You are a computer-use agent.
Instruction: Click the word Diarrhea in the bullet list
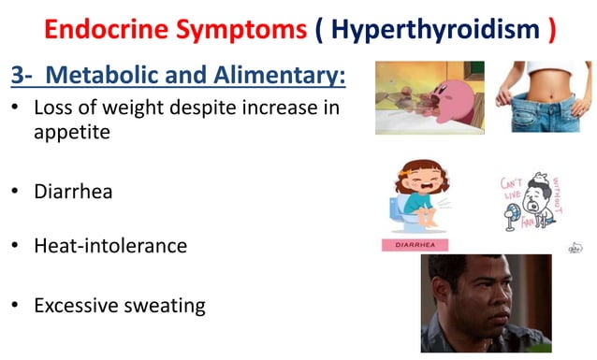[x=73, y=192]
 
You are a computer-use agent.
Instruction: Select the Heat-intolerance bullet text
[x=110, y=246]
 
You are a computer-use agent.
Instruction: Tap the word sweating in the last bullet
[x=165, y=305]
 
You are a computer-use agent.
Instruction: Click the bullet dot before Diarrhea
[x=15, y=192]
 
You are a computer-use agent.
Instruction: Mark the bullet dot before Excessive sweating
[x=15, y=305]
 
